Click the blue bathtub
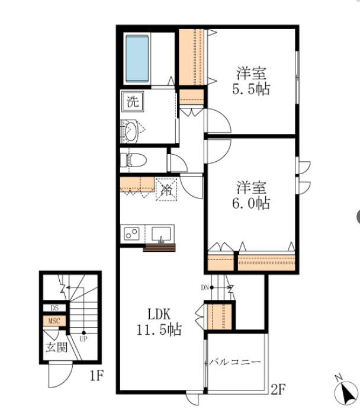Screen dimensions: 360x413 pyautogui.click(x=137, y=59)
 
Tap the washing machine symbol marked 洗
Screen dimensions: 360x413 pyautogui.click(x=133, y=101)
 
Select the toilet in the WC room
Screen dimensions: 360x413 pyautogui.click(x=133, y=160)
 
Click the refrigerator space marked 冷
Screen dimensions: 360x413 pyautogui.click(x=166, y=190)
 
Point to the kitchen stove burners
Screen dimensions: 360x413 pyautogui.click(x=131, y=233)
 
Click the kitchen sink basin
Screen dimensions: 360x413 pyautogui.click(x=161, y=235)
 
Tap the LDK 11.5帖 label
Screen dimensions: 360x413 pyautogui.click(x=159, y=322)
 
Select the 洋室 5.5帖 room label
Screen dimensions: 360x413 pyautogui.click(x=251, y=81)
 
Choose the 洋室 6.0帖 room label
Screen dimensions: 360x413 pyautogui.click(x=251, y=195)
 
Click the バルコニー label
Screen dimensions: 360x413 pyautogui.click(x=235, y=362)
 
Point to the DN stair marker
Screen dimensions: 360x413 pyautogui.click(x=205, y=287)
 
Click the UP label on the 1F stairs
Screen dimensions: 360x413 pyautogui.click(x=83, y=339)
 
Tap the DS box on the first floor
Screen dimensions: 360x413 pyautogui.click(x=54, y=308)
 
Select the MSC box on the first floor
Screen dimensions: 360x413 pyautogui.click(x=54, y=321)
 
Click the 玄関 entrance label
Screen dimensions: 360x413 pyautogui.click(x=57, y=348)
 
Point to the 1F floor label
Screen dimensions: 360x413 pyautogui.click(x=97, y=376)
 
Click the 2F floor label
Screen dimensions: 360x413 pyautogui.click(x=278, y=389)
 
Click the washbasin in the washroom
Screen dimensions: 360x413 pyautogui.click(x=131, y=131)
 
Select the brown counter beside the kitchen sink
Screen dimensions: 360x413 pyautogui.click(x=159, y=248)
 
